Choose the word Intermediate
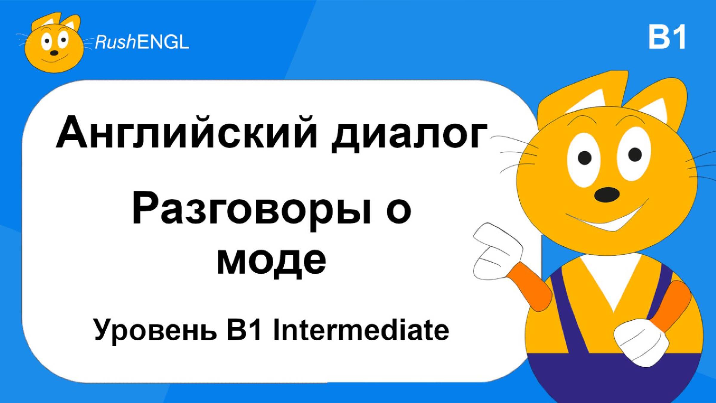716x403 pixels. click(361, 330)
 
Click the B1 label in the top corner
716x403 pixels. click(667, 37)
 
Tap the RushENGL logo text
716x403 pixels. click(142, 42)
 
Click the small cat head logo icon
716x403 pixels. click(54, 43)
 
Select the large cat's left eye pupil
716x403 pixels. click(585, 157)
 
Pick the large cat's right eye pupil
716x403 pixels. click(635, 154)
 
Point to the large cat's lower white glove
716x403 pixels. click(641, 342)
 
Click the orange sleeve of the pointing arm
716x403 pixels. click(530, 287)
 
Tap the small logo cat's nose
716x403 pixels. click(54, 53)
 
